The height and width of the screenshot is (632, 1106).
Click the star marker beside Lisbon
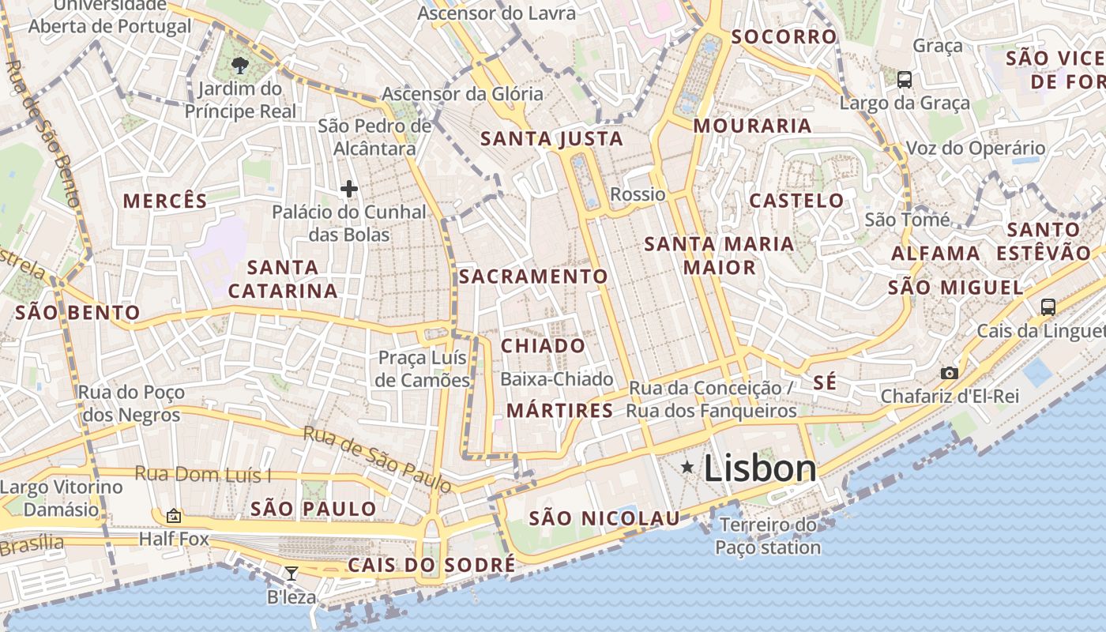[688, 468]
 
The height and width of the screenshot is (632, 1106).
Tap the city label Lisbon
[759, 468]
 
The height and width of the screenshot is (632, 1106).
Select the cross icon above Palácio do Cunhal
[348, 189]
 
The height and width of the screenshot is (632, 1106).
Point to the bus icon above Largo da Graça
[905, 80]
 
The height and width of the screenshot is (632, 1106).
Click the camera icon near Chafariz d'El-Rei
[949, 373]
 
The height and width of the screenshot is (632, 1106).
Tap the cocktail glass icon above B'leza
[292, 574]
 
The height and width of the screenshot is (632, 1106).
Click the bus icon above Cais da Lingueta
[1048, 307]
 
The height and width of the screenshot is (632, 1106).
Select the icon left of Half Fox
[174, 517]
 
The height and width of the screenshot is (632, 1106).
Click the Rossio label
[638, 194]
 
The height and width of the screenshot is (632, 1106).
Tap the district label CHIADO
[543, 346]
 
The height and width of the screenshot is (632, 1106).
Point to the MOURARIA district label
[752, 126]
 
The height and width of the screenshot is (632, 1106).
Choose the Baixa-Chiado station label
[557, 379]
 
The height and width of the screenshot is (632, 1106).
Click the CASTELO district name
[796, 201]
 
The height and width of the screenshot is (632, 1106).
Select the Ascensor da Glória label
[462, 94]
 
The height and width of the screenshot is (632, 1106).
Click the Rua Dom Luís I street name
[203, 474]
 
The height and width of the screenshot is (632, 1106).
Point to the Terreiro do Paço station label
[768, 536]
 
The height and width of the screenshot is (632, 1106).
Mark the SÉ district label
[824, 383]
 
